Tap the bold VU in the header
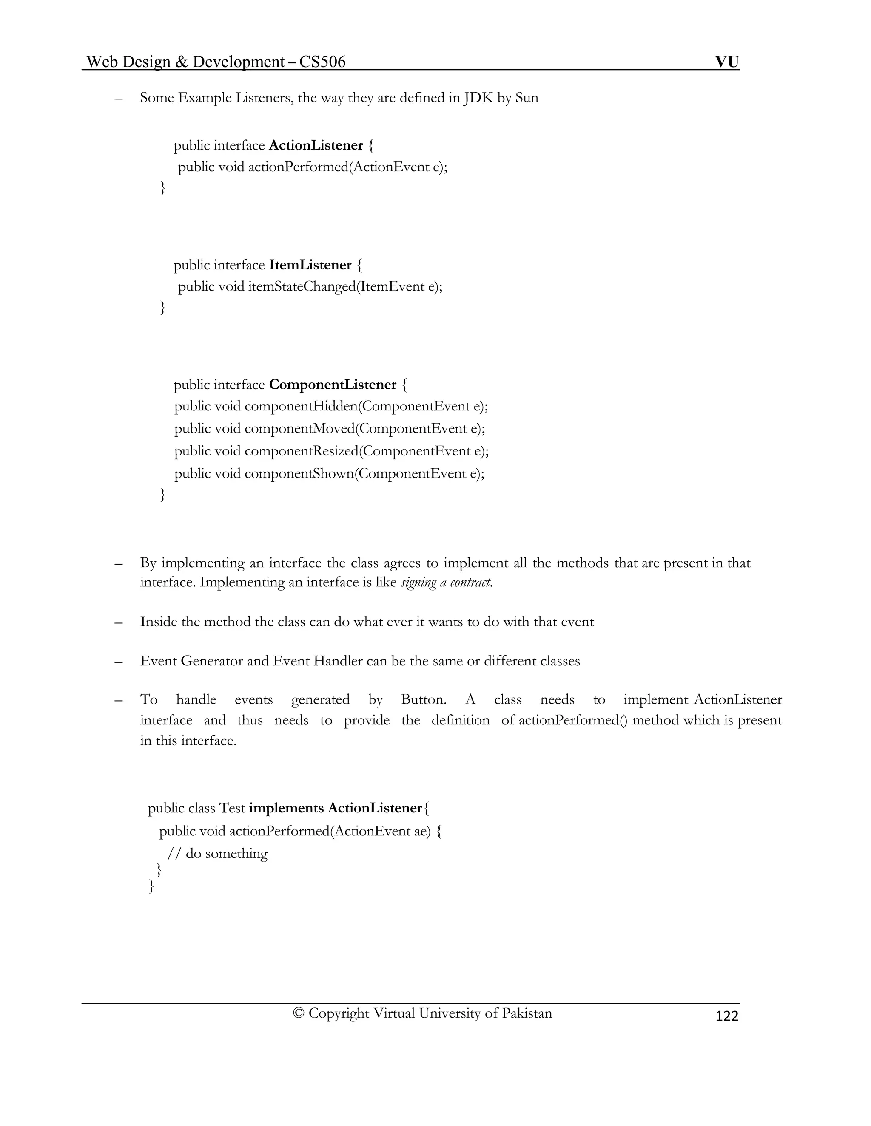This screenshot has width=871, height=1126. click(x=726, y=62)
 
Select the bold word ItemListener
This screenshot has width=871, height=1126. click(x=310, y=265)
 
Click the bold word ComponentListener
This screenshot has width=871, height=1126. click(x=333, y=385)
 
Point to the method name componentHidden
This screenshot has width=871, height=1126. click(x=301, y=406)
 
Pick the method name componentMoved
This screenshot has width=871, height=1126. click(x=300, y=428)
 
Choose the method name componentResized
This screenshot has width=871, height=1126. click(x=302, y=451)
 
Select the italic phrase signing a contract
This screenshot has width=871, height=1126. click(x=446, y=583)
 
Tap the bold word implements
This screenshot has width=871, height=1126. click(x=286, y=808)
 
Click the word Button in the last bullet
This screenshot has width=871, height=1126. click(x=423, y=700)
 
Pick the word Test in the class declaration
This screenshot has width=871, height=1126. click(x=232, y=808)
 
